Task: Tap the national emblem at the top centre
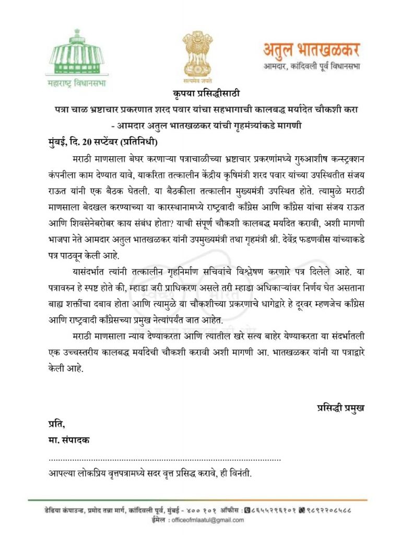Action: [196, 53]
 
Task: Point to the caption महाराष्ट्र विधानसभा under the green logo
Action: [62, 83]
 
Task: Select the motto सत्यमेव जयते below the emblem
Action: [196, 82]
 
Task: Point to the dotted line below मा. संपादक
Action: [164, 459]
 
